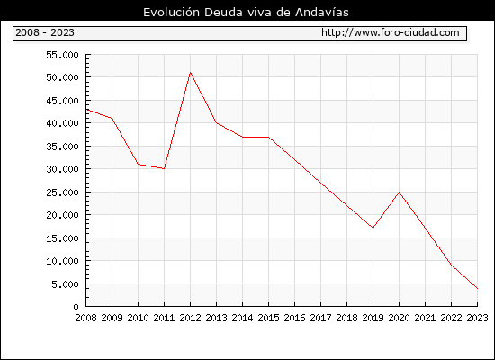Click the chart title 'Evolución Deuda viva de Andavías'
(246, 12)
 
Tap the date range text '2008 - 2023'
(45, 32)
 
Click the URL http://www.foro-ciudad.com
(391, 32)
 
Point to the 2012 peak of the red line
(191, 72)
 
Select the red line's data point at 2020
(399, 192)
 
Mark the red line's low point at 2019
(373, 228)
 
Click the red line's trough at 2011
(164, 169)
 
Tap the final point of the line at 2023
(477, 288)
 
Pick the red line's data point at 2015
(269, 137)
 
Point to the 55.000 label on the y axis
(62, 55)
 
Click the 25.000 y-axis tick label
(62, 193)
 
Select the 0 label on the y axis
(76, 307)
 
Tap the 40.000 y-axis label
(62, 123)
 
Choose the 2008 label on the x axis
(85, 318)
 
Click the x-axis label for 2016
(294, 318)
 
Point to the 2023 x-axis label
(477, 318)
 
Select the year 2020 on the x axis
(399, 318)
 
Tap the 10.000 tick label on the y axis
(62, 261)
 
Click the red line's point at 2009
(112, 119)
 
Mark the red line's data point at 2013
(217, 122)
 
